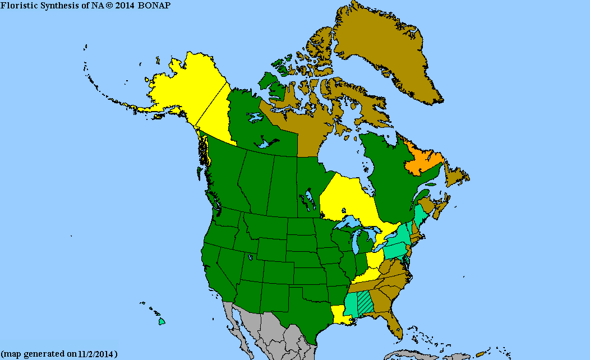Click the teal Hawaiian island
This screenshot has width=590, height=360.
click(162, 322)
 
